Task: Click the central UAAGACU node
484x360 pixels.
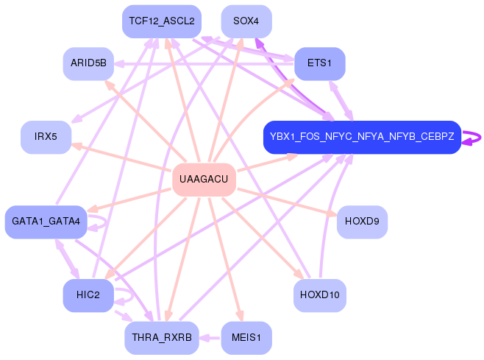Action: [x=204, y=180]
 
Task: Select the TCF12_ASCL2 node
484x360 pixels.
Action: [x=162, y=21]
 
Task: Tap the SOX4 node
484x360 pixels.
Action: [x=246, y=21]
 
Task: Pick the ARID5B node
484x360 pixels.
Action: [x=88, y=63]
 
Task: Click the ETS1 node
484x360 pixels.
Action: [x=319, y=63]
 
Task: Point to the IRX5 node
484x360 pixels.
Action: [x=46, y=137]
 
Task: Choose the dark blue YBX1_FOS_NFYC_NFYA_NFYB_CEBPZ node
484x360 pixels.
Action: [x=362, y=137]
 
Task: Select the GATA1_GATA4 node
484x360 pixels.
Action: [x=46, y=222]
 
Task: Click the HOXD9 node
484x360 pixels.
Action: [x=362, y=222]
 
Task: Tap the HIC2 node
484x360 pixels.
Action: [x=88, y=295]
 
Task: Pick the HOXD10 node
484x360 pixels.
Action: [x=319, y=295]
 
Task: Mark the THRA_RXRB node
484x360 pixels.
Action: [x=162, y=337]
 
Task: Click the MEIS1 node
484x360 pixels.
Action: [x=246, y=337]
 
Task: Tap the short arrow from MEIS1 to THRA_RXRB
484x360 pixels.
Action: [x=210, y=338]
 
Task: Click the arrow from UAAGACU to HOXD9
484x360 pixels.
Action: [x=287, y=202]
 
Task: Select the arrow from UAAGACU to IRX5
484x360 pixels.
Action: [x=121, y=156]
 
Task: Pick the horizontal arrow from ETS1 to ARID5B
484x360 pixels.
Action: [x=204, y=64]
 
